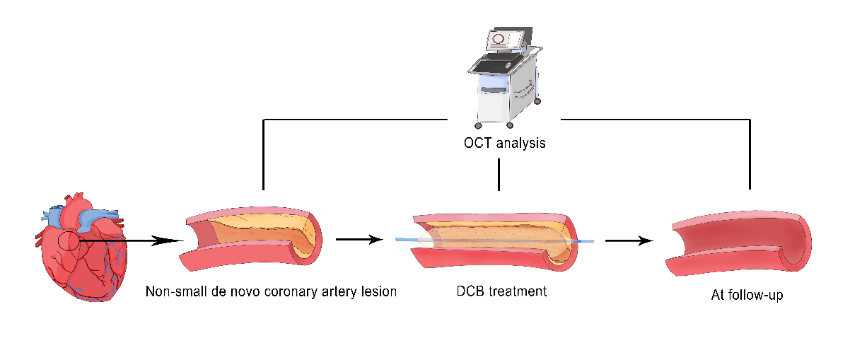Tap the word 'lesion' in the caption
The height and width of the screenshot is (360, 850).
[379, 291]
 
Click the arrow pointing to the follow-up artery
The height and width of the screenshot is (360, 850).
[629, 240]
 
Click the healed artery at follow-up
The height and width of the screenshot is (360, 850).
[739, 244]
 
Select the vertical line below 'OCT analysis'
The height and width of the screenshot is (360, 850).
[499, 174]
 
